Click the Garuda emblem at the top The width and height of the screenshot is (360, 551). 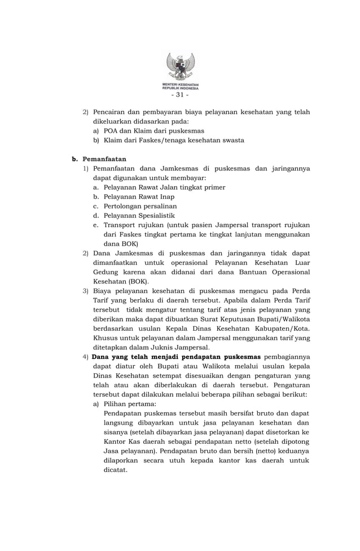[x=180, y=66]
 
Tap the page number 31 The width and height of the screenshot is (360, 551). [x=180, y=94]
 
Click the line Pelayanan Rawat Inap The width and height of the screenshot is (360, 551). [x=139, y=196]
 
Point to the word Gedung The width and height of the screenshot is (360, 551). [x=106, y=272]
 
